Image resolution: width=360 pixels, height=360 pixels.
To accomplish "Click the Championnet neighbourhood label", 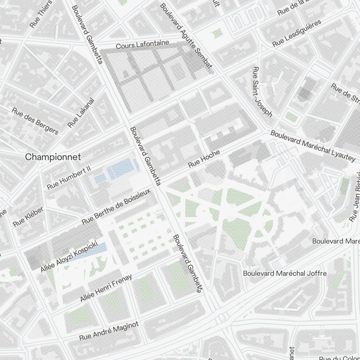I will (53, 157).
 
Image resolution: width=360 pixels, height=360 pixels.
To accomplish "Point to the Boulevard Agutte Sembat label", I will (186, 35).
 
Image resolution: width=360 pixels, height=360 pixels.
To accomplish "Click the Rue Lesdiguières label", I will (297, 33).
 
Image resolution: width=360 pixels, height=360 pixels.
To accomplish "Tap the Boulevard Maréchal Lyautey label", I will (312, 145).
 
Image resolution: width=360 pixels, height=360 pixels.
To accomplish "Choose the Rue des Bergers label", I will (35, 121).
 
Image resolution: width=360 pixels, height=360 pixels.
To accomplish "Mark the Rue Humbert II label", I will (69, 178).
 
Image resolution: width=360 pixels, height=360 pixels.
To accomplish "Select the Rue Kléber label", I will (28, 216).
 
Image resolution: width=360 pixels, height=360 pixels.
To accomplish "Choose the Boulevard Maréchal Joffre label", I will (285, 273).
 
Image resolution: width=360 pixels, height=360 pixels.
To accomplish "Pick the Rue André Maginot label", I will (109, 331).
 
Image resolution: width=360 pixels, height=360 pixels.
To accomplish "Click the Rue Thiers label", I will (41, 14).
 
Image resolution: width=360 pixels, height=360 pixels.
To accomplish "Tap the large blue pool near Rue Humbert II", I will (123, 168).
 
